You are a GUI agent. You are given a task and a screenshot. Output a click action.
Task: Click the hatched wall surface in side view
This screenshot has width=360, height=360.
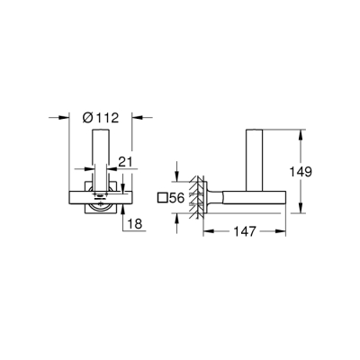[x=191, y=198]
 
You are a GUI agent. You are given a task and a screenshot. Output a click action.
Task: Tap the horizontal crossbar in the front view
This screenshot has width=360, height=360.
[x=102, y=193]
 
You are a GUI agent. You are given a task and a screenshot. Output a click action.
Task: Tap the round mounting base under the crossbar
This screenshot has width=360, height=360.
[x=102, y=207]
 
